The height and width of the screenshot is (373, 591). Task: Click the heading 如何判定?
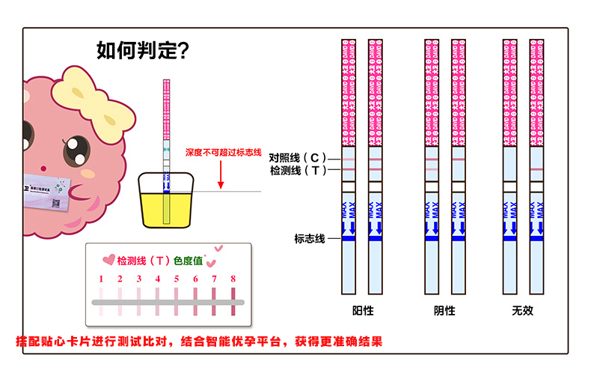pos(142,51)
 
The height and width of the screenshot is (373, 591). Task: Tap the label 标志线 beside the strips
pos(309,239)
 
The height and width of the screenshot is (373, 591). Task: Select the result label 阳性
pos(363,310)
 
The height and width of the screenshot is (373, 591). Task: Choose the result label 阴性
pos(444,310)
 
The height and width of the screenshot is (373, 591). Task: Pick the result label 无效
pos(523,310)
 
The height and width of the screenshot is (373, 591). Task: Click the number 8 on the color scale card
pos(233,279)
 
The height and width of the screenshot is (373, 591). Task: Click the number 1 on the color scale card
pos(101,279)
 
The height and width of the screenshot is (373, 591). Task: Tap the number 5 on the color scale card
pos(177,279)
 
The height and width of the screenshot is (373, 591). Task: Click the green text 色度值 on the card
pos(188,261)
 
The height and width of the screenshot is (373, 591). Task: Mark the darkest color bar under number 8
pos(233,303)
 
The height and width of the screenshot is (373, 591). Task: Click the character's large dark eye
pos(76,151)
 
